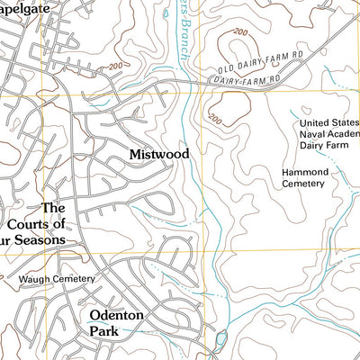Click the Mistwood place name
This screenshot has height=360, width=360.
pyautogui.click(x=159, y=155)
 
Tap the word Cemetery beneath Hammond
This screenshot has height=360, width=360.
pyautogui.click(x=301, y=183)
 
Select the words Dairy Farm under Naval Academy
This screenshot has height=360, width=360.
pyautogui.click(x=321, y=148)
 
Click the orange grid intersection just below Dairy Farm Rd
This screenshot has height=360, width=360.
pyautogui.click(x=210, y=87)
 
